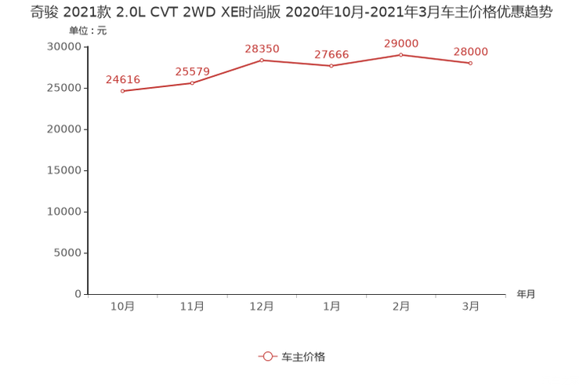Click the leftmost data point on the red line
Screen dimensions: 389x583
tap(122, 91)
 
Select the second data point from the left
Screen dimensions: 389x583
tap(192, 82)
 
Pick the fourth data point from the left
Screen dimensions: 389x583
tap(331, 66)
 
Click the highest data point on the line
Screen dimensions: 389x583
tap(400, 54)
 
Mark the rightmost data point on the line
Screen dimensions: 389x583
tap(470, 63)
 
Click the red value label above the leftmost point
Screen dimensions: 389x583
tap(122, 79)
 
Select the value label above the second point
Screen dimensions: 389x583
tap(192, 71)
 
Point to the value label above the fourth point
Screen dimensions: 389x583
tap(331, 54)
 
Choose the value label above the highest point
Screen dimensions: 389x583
tap(400, 42)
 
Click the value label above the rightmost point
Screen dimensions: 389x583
tap(470, 52)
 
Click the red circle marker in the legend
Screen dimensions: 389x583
tap(268, 356)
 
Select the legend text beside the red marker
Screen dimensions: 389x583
tap(302, 356)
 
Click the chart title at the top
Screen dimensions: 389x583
tap(291, 11)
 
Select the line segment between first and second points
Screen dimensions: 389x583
tap(157, 86)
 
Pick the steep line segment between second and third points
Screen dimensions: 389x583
tap(227, 70)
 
